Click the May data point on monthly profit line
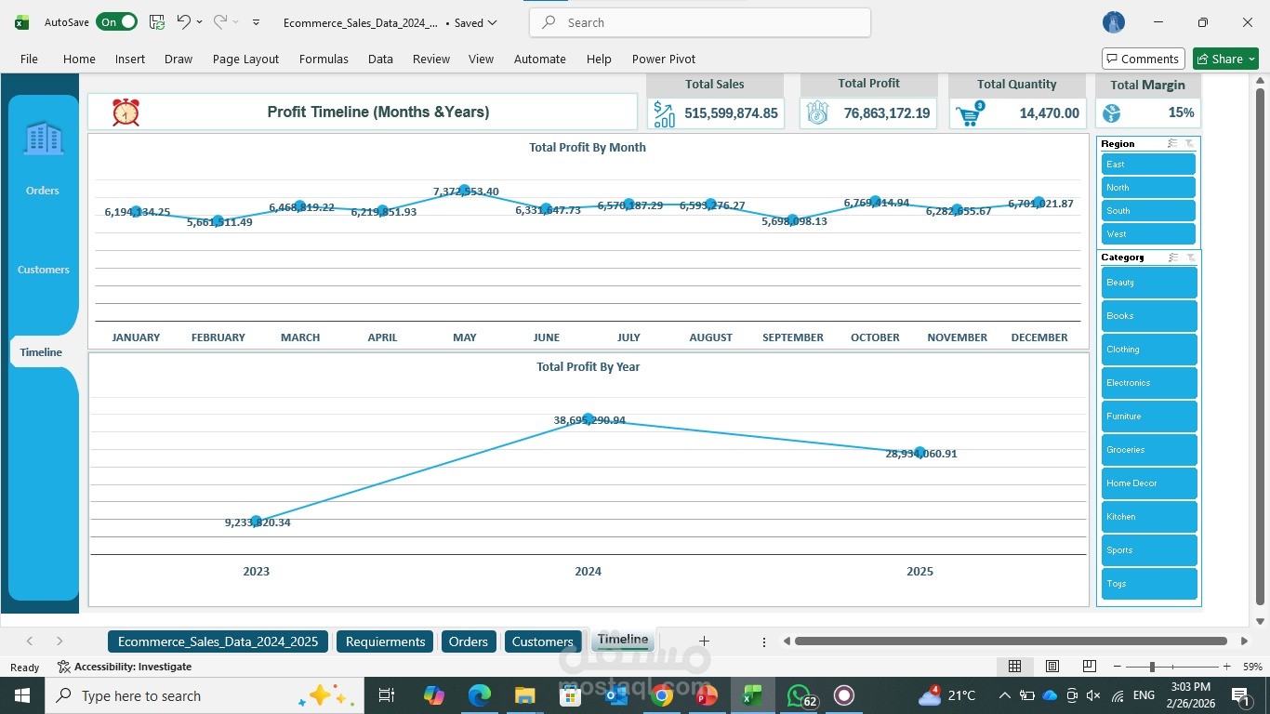(464, 190)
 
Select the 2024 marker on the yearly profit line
(588, 419)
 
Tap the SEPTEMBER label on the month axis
(792, 337)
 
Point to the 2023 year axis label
(256, 571)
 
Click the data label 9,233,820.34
(258, 522)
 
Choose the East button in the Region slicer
(1147, 165)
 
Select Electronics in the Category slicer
(1148, 383)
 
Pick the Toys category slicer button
(1148, 584)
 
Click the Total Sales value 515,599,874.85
(731, 113)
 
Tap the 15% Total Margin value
(1181, 112)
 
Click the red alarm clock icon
(126, 112)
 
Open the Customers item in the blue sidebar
(43, 270)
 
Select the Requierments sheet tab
(385, 641)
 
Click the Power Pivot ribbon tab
(663, 59)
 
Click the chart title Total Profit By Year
(588, 366)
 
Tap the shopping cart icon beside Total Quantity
(969, 114)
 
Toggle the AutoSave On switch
(116, 22)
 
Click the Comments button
(1143, 59)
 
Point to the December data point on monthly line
(1038, 202)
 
